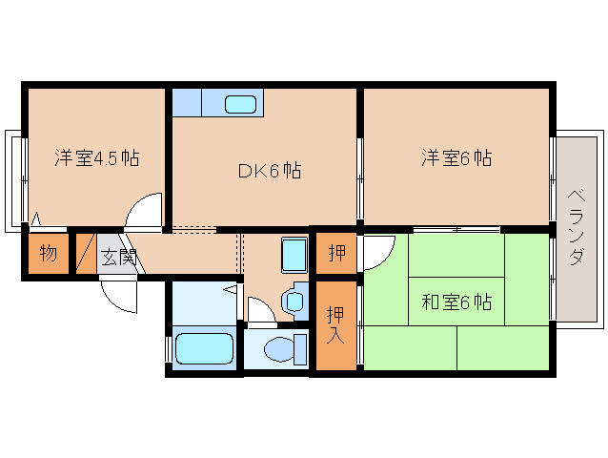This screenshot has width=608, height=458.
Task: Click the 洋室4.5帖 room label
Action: (x=97, y=158)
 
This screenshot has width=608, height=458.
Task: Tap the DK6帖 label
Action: (x=270, y=171)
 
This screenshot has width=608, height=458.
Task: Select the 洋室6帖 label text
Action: (x=456, y=158)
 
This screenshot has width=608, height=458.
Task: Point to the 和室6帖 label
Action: (x=456, y=302)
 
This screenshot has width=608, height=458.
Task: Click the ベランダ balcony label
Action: (x=577, y=227)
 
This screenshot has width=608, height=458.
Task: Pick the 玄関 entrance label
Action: (x=117, y=256)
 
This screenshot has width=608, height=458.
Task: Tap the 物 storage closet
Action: (x=48, y=254)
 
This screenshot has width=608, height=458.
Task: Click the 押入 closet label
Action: (x=335, y=325)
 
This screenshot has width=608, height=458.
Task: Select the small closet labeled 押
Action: (x=336, y=253)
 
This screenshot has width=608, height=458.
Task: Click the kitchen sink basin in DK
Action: (x=240, y=104)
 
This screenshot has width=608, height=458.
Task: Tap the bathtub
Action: (x=204, y=348)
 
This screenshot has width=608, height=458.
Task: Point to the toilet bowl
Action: (x=279, y=348)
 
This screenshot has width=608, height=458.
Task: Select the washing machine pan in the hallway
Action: (x=294, y=254)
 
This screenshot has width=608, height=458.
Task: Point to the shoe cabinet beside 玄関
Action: (x=86, y=254)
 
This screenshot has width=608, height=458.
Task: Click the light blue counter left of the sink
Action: (x=187, y=102)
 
